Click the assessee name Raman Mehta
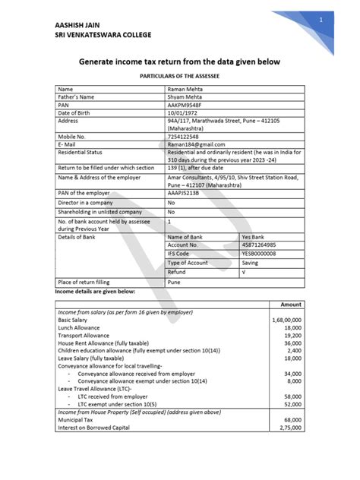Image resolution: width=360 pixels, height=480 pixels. (x=185, y=90)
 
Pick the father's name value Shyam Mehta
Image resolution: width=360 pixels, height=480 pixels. (x=186, y=98)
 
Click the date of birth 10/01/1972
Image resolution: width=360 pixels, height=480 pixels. (x=184, y=113)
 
